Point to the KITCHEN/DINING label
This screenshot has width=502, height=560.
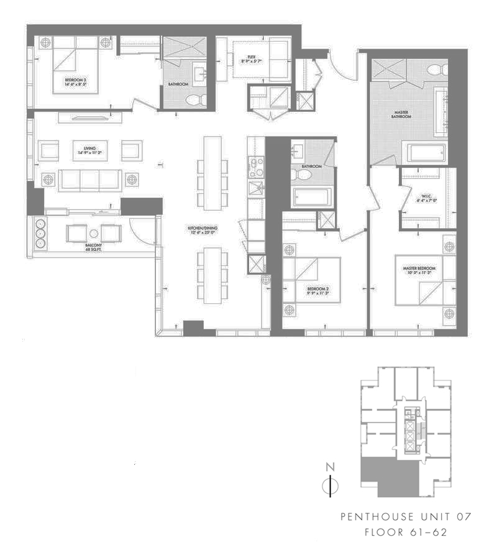pyautogui.click(x=203, y=230)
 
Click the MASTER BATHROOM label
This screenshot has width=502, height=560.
pyautogui.click(x=399, y=115)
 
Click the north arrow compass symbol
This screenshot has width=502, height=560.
pyautogui.click(x=331, y=485)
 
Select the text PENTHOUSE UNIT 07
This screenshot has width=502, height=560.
pyautogui.click(x=406, y=517)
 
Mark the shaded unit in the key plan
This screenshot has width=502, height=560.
pyautogui.click(x=385, y=479)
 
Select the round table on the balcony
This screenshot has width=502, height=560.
pyautogui.click(x=94, y=234)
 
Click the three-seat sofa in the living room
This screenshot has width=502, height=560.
pyautogui.click(x=90, y=179)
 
